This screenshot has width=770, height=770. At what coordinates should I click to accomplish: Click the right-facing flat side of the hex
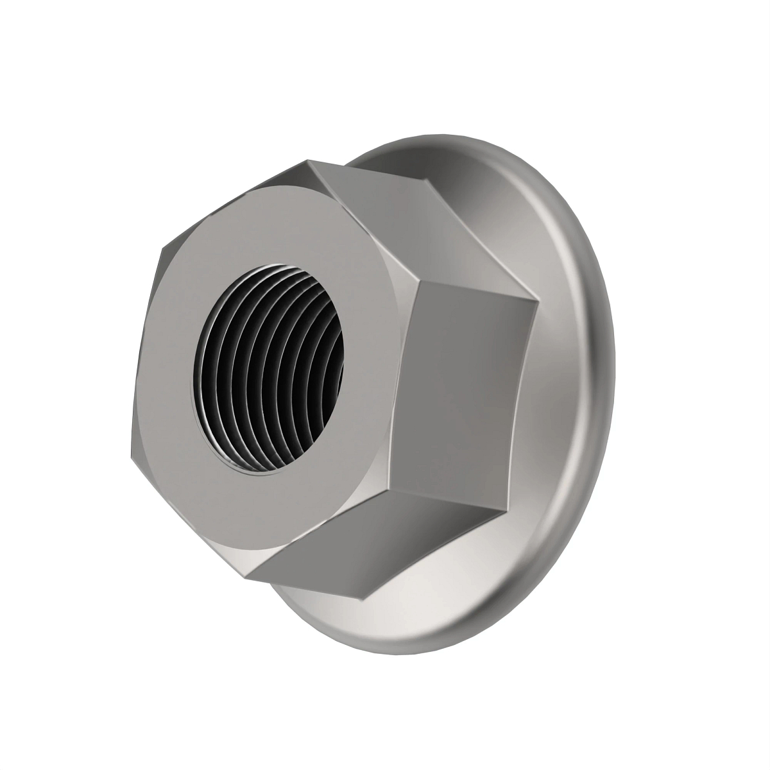point(468,398)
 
